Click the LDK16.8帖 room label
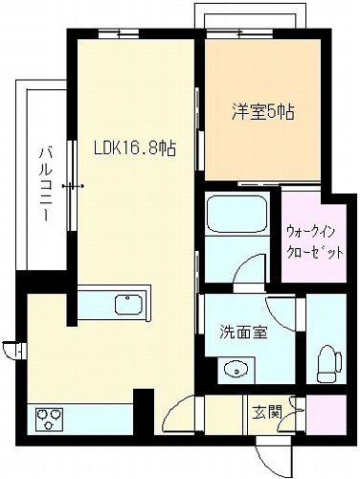[134, 148]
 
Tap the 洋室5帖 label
[263, 111]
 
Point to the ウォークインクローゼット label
[315, 241]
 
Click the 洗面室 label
[243, 332]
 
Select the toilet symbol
[329, 364]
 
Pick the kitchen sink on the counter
[128, 305]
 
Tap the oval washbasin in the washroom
[236, 371]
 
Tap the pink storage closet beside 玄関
[326, 415]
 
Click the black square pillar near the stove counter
[144, 412]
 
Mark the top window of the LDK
[119, 34]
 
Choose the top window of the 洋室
[239, 34]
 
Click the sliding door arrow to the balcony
[73, 186]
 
